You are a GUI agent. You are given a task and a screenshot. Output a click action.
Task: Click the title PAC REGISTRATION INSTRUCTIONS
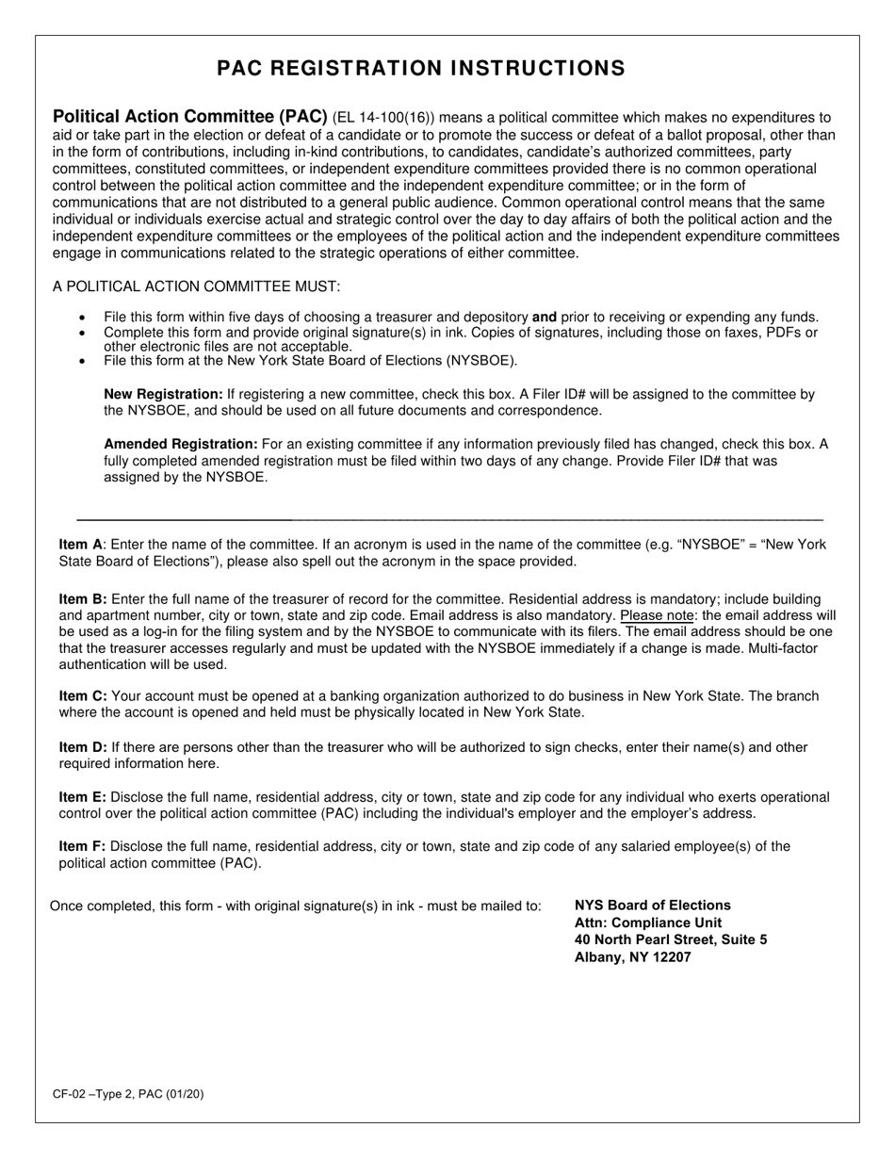click(x=420, y=68)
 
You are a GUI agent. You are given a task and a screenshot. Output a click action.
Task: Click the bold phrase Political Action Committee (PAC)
click(x=190, y=118)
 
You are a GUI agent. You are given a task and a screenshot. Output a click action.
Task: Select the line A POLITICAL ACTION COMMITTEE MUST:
click(x=197, y=286)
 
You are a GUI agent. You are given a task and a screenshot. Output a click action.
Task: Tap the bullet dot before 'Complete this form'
click(x=83, y=334)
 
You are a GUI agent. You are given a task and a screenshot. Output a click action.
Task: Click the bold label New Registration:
click(x=163, y=395)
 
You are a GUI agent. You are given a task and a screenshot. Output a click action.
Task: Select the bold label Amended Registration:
click(x=181, y=444)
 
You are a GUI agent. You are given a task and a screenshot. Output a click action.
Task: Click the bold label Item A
click(x=80, y=545)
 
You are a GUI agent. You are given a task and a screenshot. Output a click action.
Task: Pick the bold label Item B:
click(x=83, y=599)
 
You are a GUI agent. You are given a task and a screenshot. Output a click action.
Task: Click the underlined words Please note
click(x=657, y=615)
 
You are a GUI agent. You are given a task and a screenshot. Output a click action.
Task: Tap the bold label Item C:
click(x=83, y=696)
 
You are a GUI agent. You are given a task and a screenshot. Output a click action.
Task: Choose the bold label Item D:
click(x=83, y=747)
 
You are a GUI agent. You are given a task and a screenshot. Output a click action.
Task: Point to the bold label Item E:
click(x=83, y=797)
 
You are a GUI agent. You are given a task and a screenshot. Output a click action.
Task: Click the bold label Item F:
click(x=82, y=846)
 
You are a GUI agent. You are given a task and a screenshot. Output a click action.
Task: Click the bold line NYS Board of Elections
click(x=652, y=906)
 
